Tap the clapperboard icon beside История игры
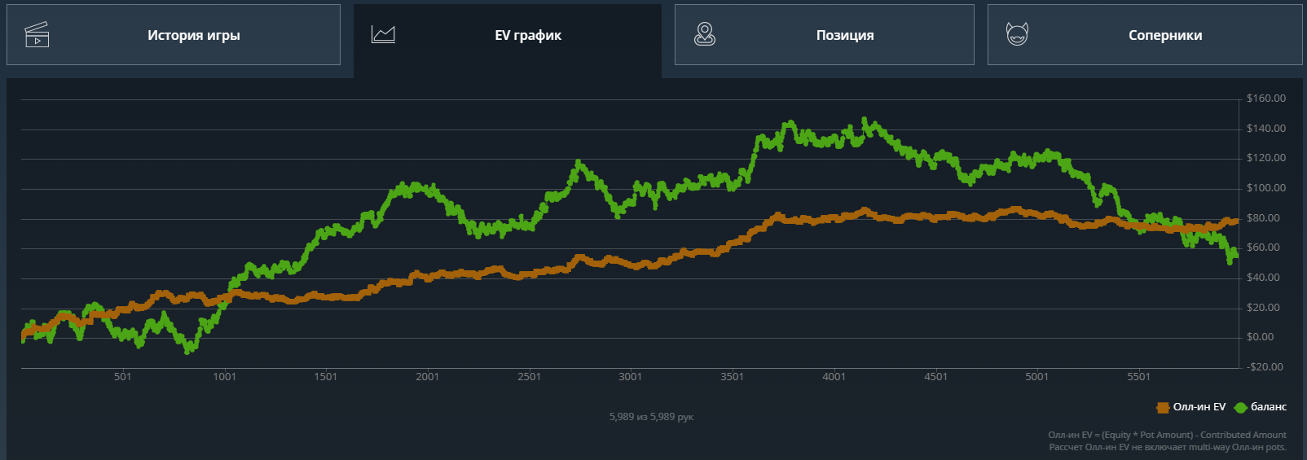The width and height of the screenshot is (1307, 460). tap(37, 35)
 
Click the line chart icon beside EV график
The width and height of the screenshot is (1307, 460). tap(383, 34)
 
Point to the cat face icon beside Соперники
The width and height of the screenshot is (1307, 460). tap(1017, 34)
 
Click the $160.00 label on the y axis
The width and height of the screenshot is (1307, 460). tap(1265, 99)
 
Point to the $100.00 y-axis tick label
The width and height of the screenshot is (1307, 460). tap(1265, 188)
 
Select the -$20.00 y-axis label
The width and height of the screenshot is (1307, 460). tap(1264, 367)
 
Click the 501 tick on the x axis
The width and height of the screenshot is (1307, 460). tap(122, 377)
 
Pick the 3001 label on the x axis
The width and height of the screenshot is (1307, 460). tap(630, 377)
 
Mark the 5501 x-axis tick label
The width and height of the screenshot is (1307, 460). tap(1138, 377)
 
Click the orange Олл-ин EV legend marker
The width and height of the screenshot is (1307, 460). tap(1163, 407)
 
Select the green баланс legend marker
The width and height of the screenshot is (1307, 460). tap(1240, 407)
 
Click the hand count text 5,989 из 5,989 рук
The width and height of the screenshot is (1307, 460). tap(651, 417)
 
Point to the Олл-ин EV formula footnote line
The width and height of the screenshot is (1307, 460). tap(1167, 435)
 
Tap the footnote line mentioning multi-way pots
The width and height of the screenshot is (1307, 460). tap(1167, 447)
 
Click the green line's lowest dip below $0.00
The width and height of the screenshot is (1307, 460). tap(189, 350)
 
